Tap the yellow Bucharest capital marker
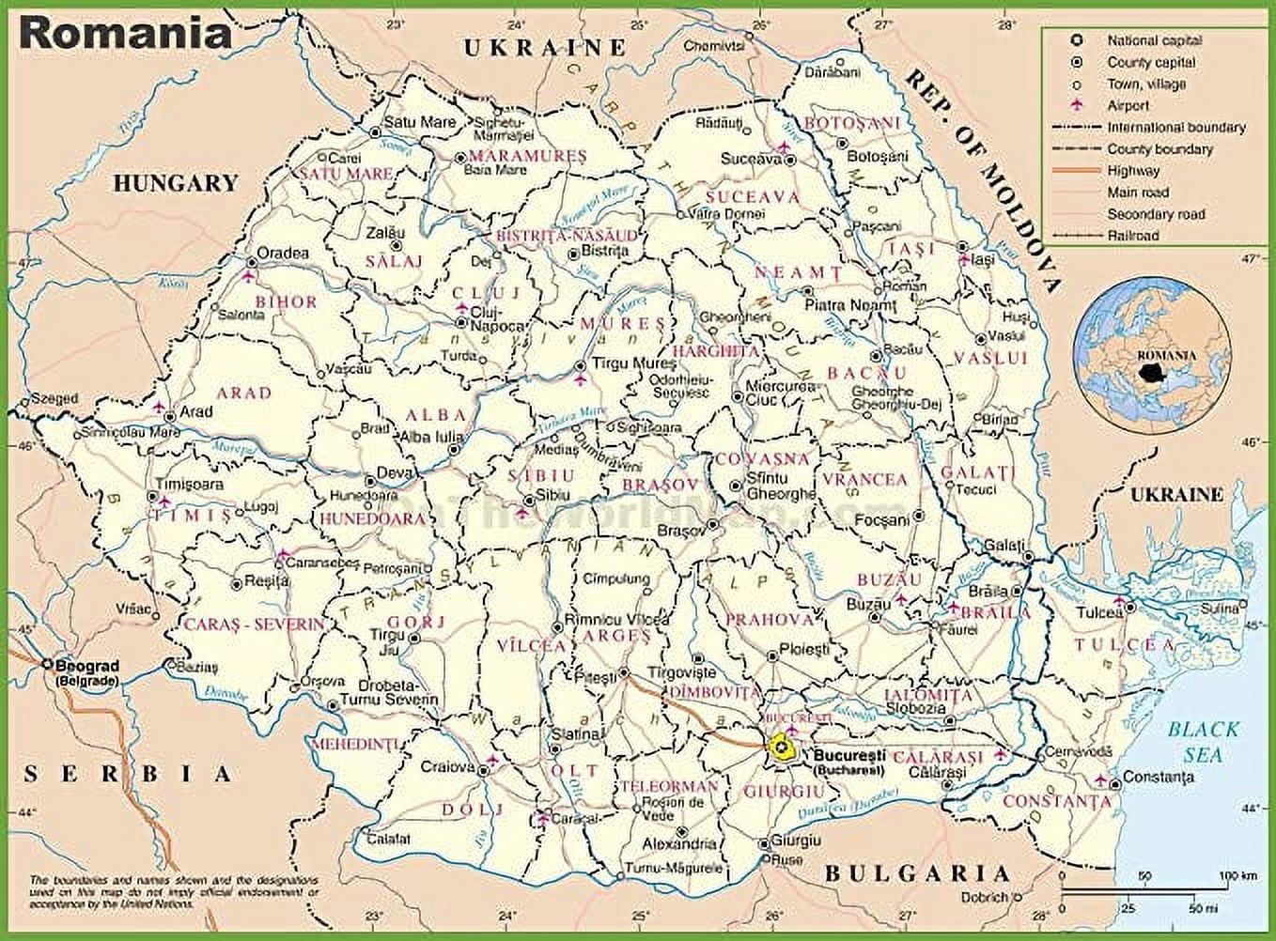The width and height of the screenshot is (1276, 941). click(780, 747)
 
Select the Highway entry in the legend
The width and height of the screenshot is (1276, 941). click(1133, 171)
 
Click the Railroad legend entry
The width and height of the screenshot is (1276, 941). click(1132, 236)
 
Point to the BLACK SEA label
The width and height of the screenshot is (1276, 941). click(1204, 741)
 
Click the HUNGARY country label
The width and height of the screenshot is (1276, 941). click(176, 183)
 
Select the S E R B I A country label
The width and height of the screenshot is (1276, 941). click(128, 774)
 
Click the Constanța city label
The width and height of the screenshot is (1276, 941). click(1159, 777)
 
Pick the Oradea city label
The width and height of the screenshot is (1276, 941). click(283, 253)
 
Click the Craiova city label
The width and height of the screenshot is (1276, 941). click(447, 766)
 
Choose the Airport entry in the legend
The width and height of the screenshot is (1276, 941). click(1128, 105)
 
